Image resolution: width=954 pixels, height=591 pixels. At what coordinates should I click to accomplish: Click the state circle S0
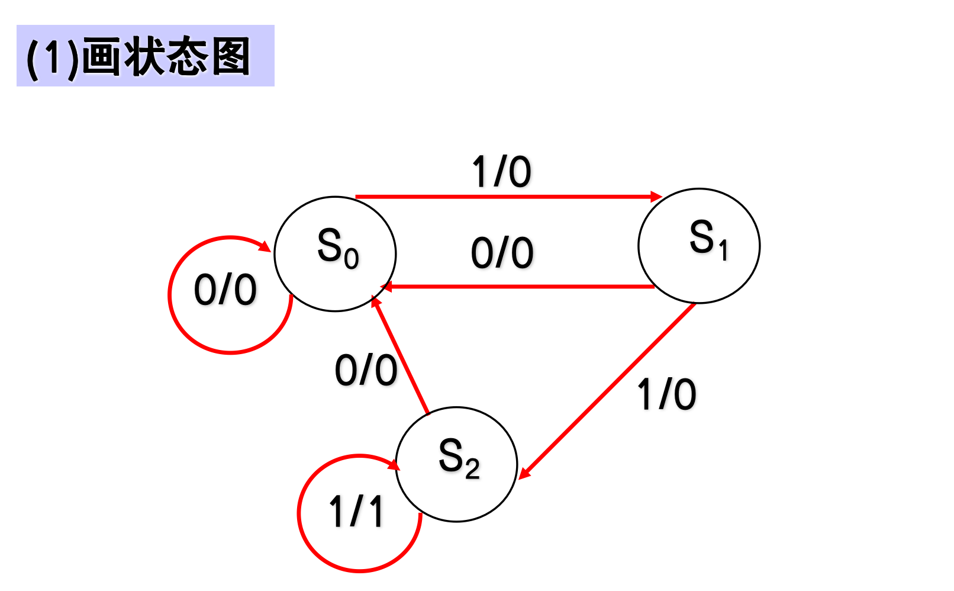point(335,253)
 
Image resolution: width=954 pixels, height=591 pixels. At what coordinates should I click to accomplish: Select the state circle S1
point(699,246)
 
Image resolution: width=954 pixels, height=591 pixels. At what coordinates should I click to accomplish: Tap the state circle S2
point(456,464)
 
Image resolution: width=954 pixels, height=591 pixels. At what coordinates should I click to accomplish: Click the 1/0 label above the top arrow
point(501,172)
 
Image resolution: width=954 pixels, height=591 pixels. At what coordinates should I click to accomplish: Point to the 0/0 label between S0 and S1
point(502,253)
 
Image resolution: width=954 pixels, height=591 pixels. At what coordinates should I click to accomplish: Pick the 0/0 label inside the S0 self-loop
point(225,290)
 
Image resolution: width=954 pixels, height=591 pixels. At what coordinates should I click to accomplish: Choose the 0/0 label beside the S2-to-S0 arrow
point(366,371)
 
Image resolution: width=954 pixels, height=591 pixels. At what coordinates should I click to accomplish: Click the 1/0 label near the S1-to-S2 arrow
point(666,394)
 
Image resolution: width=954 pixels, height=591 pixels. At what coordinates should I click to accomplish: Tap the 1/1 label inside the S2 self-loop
point(356,511)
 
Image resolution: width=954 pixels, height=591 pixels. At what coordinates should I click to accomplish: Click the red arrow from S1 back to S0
point(521,287)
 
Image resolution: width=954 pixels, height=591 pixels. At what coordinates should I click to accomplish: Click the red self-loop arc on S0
point(178,320)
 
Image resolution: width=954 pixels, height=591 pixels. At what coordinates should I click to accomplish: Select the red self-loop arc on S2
point(308,539)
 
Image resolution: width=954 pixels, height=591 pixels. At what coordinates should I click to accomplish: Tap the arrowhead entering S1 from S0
point(656,197)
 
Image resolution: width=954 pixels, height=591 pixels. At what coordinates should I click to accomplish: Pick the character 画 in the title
point(102,56)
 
